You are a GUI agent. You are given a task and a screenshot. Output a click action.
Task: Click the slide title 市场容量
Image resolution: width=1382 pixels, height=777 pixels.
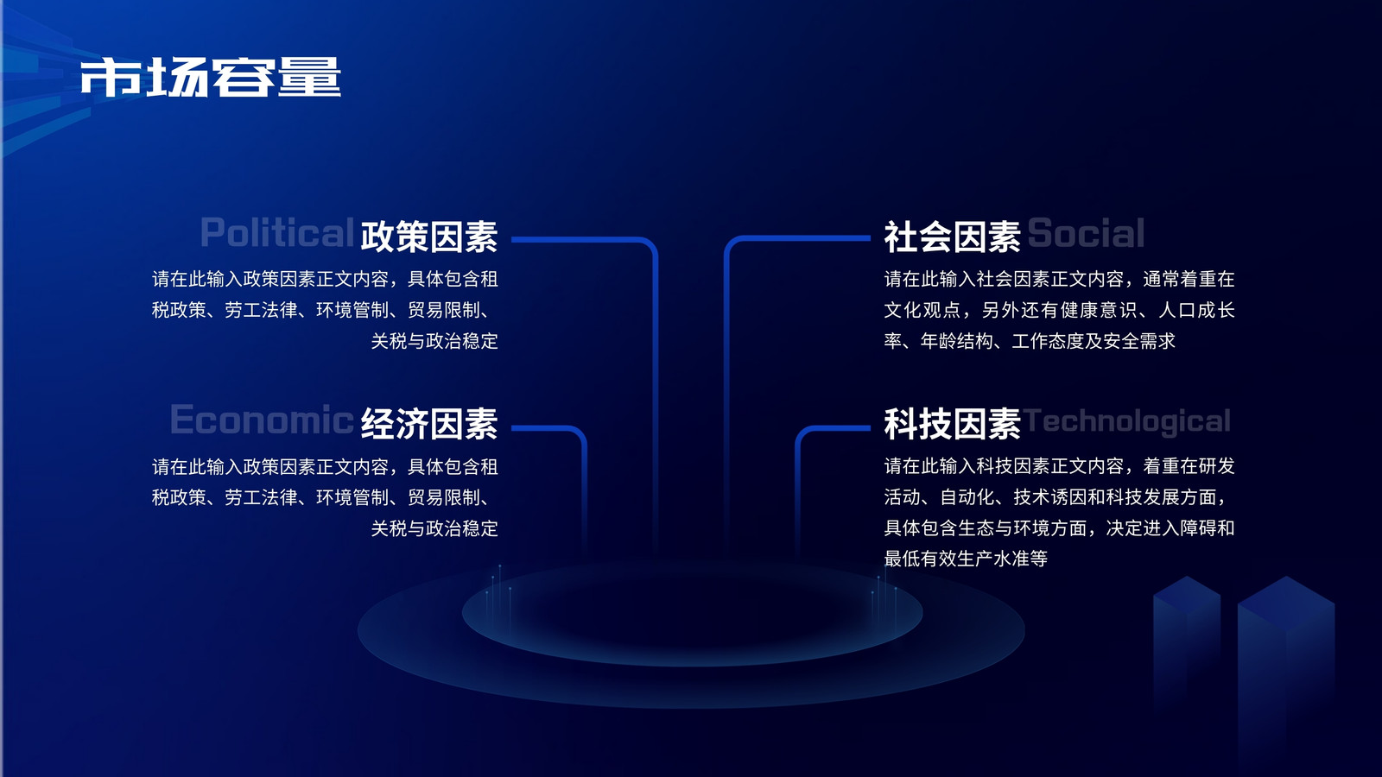(211, 77)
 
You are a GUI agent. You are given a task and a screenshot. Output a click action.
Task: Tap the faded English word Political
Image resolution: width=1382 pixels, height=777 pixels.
(277, 233)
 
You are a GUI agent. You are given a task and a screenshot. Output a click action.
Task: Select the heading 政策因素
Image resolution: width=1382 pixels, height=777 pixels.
(428, 236)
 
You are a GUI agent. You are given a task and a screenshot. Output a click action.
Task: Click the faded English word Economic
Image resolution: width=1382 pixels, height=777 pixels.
(262, 420)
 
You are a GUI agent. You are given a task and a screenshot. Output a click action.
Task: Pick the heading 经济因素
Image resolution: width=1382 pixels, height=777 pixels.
(428, 423)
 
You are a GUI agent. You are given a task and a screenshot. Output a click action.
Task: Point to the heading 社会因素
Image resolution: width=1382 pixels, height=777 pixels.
(952, 236)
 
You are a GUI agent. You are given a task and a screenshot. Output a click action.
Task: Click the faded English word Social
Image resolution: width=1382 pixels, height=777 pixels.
(1086, 233)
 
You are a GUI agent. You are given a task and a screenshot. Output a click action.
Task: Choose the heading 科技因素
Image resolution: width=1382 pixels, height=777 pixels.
(952, 423)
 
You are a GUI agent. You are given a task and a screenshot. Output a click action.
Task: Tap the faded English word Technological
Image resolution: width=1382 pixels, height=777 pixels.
(1126, 421)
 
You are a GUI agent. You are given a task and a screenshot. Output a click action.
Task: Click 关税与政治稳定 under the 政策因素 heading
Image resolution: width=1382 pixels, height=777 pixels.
(434, 341)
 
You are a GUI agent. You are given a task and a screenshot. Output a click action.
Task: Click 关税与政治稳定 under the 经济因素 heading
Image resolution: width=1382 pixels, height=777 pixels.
(434, 528)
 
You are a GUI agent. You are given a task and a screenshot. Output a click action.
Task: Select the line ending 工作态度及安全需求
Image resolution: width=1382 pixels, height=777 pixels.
(1029, 341)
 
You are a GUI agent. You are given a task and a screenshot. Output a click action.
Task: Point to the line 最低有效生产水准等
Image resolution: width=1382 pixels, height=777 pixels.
(966, 559)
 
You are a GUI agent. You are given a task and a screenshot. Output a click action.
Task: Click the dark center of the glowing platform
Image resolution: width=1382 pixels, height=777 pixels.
(692, 614)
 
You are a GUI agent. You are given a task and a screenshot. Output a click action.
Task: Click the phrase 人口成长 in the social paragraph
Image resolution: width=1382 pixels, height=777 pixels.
(1197, 310)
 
